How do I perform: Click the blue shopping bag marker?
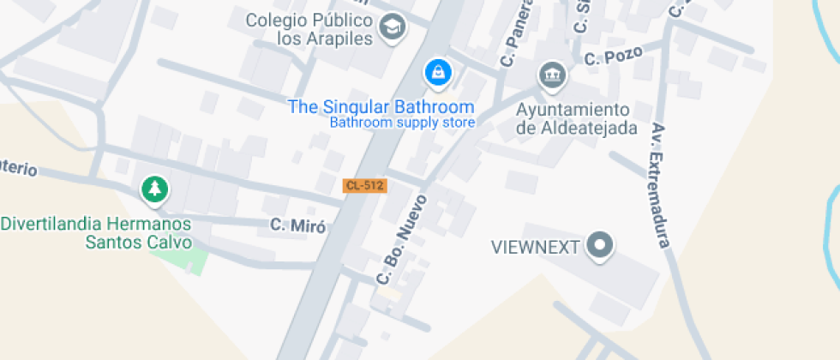(x=438, y=73)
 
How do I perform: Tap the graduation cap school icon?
(x=393, y=26)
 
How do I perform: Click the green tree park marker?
(x=154, y=189)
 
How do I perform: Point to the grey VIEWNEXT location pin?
(x=600, y=247)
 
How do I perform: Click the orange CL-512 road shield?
(x=365, y=185)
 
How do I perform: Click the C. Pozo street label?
(x=612, y=57)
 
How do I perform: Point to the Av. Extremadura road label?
(x=660, y=185)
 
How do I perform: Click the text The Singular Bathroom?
(x=381, y=107)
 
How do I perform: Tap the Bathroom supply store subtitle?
(x=402, y=123)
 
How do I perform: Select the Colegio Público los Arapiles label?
(x=321, y=29)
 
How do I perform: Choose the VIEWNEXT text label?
(x=537, y=248)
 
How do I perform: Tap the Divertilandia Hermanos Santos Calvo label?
(x=96, y=232)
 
